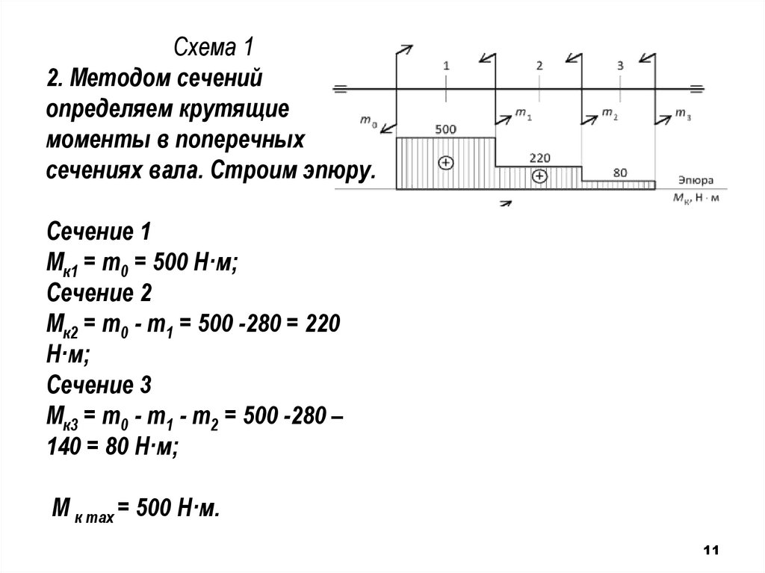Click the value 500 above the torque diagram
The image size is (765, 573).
pos(445,129)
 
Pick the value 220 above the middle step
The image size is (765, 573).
pos(539,158)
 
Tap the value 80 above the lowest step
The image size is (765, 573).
pos(619,173)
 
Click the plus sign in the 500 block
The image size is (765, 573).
pos(445,162)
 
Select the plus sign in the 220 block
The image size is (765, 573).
pos(539,176)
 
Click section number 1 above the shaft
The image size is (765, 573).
pos(445,66)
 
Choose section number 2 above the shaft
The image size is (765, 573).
pos(539,66)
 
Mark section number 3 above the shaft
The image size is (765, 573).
pos(620,66)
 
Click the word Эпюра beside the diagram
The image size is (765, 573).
pos(696,181)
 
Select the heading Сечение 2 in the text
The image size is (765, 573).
pos(99,294)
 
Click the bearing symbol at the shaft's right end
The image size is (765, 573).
pos(698,90)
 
